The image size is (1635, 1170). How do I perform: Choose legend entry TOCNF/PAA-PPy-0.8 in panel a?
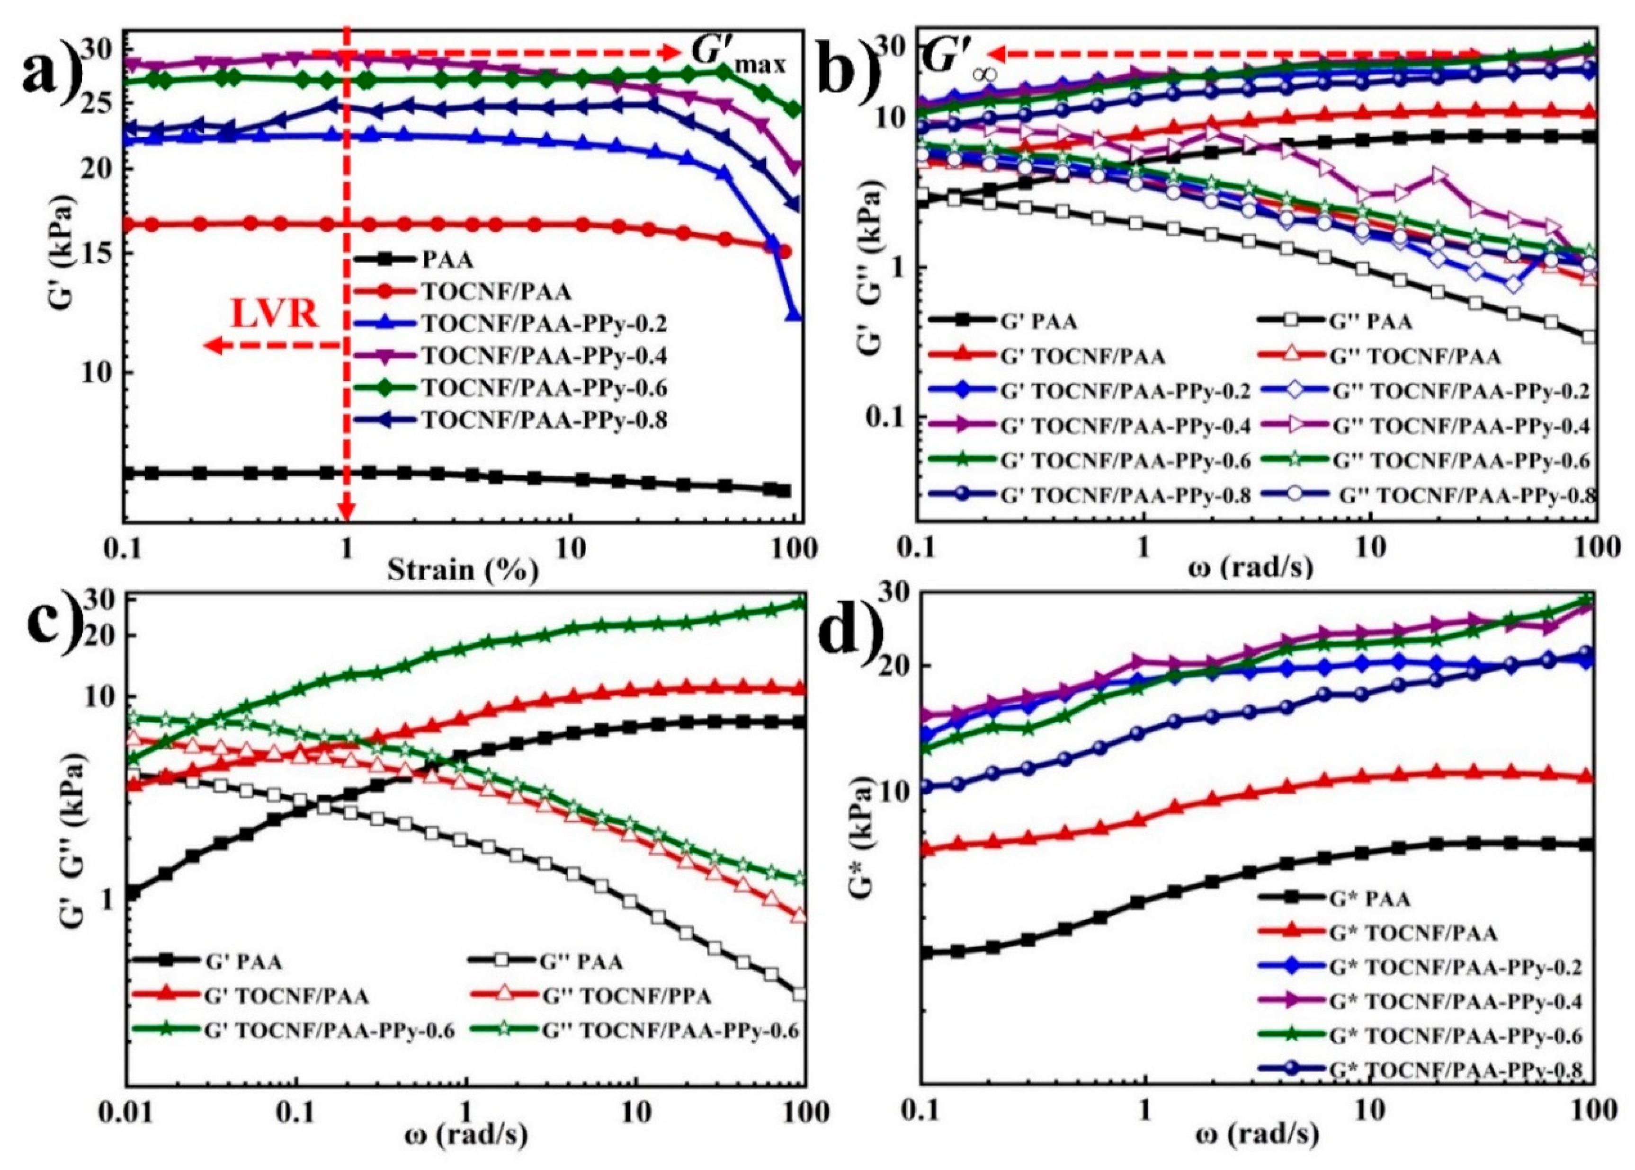(x=544, y=419)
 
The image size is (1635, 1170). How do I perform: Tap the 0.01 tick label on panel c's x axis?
(x=127, y=1133)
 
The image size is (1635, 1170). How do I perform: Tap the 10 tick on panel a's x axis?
(x=572, y=549)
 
